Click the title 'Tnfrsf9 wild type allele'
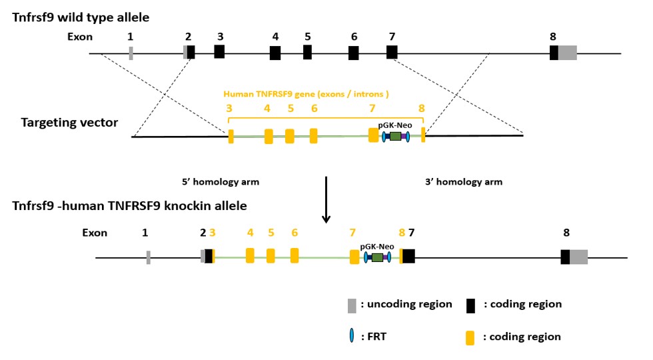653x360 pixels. pos(81,17)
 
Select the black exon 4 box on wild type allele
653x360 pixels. pos(275,53)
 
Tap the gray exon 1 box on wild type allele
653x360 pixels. pos(131,53)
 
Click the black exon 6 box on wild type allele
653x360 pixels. pos(354,53)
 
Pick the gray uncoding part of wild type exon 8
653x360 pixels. pos(567,53)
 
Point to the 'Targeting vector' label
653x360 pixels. pos(69,123)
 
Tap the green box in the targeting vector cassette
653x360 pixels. pos(395,136)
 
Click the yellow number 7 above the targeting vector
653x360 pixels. pos(372,108)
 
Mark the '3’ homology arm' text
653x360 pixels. pos(463,181)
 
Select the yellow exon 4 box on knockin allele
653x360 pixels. pos(250,255)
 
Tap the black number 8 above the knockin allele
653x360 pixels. pos(566,233)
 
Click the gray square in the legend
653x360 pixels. pos(352,305)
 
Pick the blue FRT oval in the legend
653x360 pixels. pos(351,337)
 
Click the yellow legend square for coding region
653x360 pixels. pos(470,337)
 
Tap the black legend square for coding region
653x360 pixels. pos(470,305)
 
